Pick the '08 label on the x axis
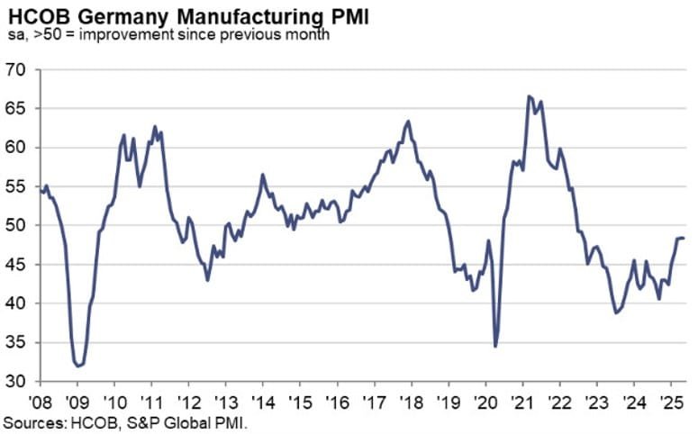[40, 400]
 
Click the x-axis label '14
[262, 400]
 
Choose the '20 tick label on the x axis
[485, 400]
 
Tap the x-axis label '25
[670, 400]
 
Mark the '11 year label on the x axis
[151, 400]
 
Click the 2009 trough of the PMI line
[79, 366]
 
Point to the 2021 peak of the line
[530, 96]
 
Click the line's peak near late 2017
[409, 122]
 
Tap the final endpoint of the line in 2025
[683, 238]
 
